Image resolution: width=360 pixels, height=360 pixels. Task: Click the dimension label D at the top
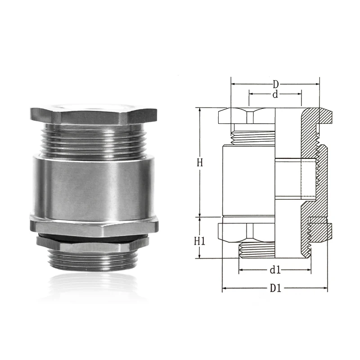click(x=275, y=85)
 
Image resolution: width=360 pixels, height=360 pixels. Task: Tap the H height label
click(x=199, y=162)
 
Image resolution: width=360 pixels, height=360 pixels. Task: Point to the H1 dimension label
click(x=199, y=241)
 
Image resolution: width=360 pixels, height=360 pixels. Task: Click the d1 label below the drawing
click(x=275, y=270)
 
